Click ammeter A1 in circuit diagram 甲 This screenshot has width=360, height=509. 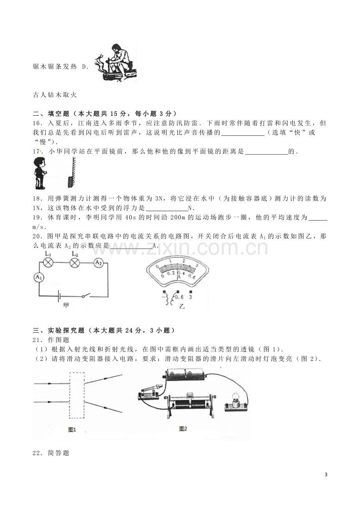point(39,277)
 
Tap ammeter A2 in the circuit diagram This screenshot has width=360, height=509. point(99,263)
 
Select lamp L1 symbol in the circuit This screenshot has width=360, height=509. point(48,262)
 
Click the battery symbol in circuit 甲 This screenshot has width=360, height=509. point(59,296)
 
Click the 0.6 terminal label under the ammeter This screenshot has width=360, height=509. point(179,297)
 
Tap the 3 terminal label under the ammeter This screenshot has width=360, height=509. point(191,297)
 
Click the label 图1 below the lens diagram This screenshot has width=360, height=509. point(72,430)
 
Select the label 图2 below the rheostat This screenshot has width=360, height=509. point(183,428)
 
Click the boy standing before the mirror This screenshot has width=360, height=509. point(40,173)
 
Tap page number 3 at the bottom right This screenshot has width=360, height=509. point(326,475)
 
